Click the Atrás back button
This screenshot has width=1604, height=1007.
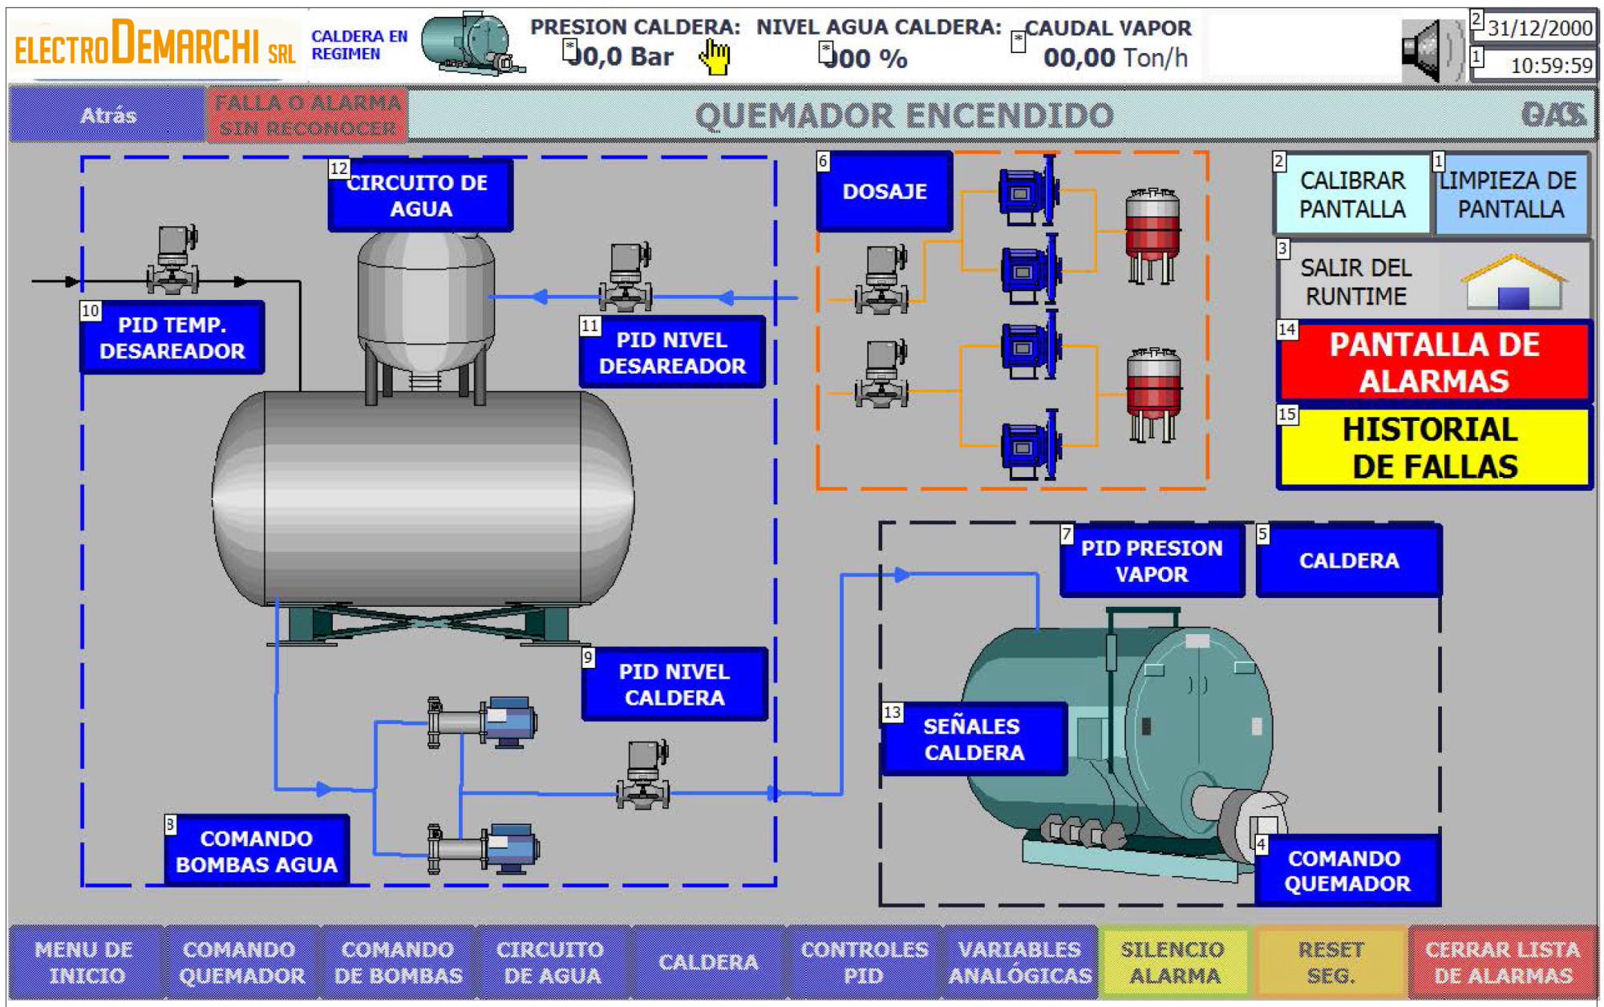pos(107,115)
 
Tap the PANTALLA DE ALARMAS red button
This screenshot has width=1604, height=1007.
pos(1434,362)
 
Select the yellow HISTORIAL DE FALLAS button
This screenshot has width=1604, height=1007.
pos(1434,448)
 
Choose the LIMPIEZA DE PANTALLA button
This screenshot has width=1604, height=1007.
pos(1510,195)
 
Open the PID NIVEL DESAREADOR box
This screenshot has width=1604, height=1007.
pos(672,353)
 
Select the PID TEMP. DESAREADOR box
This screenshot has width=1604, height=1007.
pos(172,338)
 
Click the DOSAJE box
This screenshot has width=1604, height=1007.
pos(885,192)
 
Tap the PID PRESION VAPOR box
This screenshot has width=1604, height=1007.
pos(1152,561)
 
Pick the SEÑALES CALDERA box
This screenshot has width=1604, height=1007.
pos(974,739)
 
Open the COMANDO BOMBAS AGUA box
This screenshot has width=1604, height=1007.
pos(257,851)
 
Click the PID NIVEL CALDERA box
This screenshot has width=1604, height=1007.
pos(674,685)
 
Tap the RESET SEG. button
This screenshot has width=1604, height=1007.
pos(1331,962)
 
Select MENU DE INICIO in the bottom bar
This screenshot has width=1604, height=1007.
pos(85,962)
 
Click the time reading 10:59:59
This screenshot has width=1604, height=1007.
pos(1550,66)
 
